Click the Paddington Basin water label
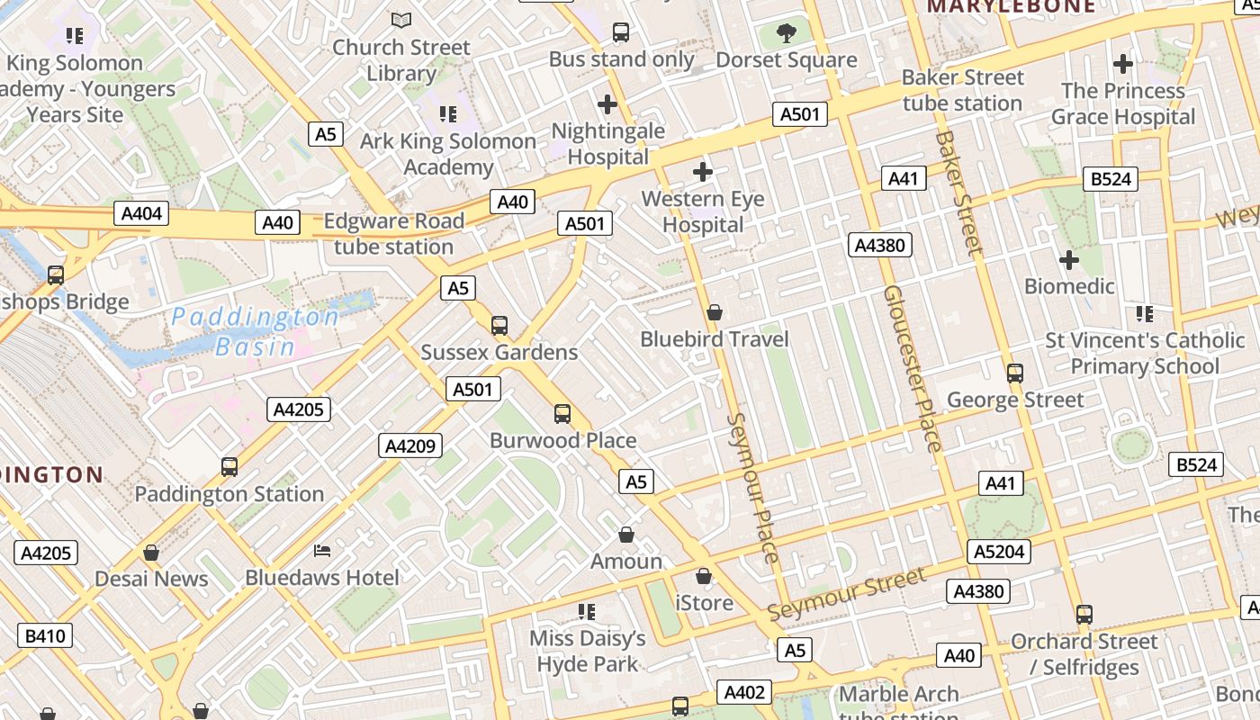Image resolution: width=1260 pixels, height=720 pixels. click(256, 331)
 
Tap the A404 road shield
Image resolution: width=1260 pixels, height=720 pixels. click(142, 213)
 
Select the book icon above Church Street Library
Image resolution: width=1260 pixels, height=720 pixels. click(401, 20)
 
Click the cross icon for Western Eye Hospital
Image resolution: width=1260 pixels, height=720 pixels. click(703, 171)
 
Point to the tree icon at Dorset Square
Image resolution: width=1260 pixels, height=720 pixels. click(787, 34)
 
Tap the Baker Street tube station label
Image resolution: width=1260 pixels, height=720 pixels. click(962, 90)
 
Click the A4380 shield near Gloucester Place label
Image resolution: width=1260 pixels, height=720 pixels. click(881, 245)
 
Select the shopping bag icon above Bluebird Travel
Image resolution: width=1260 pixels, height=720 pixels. click(715, 312)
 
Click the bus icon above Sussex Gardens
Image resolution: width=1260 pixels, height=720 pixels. click(499, 325)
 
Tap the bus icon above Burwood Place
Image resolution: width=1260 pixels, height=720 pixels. click(562, 413)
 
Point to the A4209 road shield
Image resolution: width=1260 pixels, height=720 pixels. click(410, 445)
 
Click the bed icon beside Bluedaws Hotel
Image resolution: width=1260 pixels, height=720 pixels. click(322, 550)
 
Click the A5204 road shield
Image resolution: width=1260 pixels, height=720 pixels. click(999, 551)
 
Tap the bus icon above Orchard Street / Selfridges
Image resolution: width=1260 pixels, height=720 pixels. click(1084, 615)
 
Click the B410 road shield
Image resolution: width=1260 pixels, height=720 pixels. click(45, 636)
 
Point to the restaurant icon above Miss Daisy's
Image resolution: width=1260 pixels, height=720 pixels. click(587, 612)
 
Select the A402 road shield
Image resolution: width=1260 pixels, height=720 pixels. click(745, 692)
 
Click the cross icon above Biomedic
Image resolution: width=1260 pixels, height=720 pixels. click(1069, 261)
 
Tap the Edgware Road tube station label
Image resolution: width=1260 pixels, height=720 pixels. click(393, 234)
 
